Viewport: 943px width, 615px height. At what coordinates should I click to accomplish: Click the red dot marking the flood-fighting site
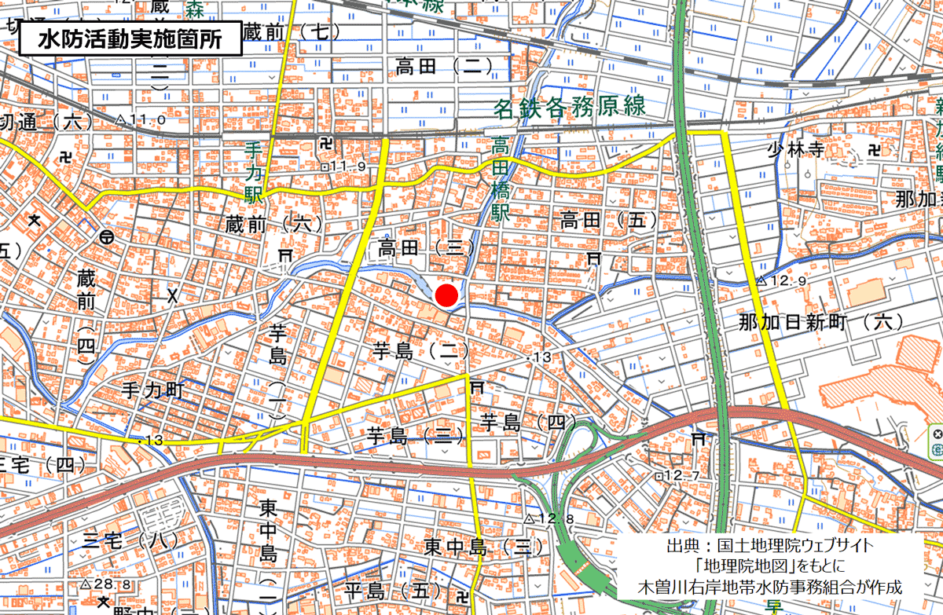tap(446, 295)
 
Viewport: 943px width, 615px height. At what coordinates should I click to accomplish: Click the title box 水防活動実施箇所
tap(129, 38)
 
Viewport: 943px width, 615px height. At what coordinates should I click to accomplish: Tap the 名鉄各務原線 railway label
tap(569, 108)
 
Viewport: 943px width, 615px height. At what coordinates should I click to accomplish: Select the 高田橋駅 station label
tap(501, 179)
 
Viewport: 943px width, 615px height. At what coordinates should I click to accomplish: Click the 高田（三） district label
tap(424, 248)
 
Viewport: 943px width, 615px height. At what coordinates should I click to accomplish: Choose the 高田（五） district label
tap(609, 221)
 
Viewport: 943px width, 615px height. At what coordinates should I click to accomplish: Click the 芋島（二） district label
tap(421, 351)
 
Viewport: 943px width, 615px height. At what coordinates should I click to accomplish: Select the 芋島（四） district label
tap(523, 421)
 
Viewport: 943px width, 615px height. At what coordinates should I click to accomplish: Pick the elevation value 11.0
tap(145, 119)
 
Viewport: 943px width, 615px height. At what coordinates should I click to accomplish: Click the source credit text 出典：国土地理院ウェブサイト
tap(769, 545)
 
